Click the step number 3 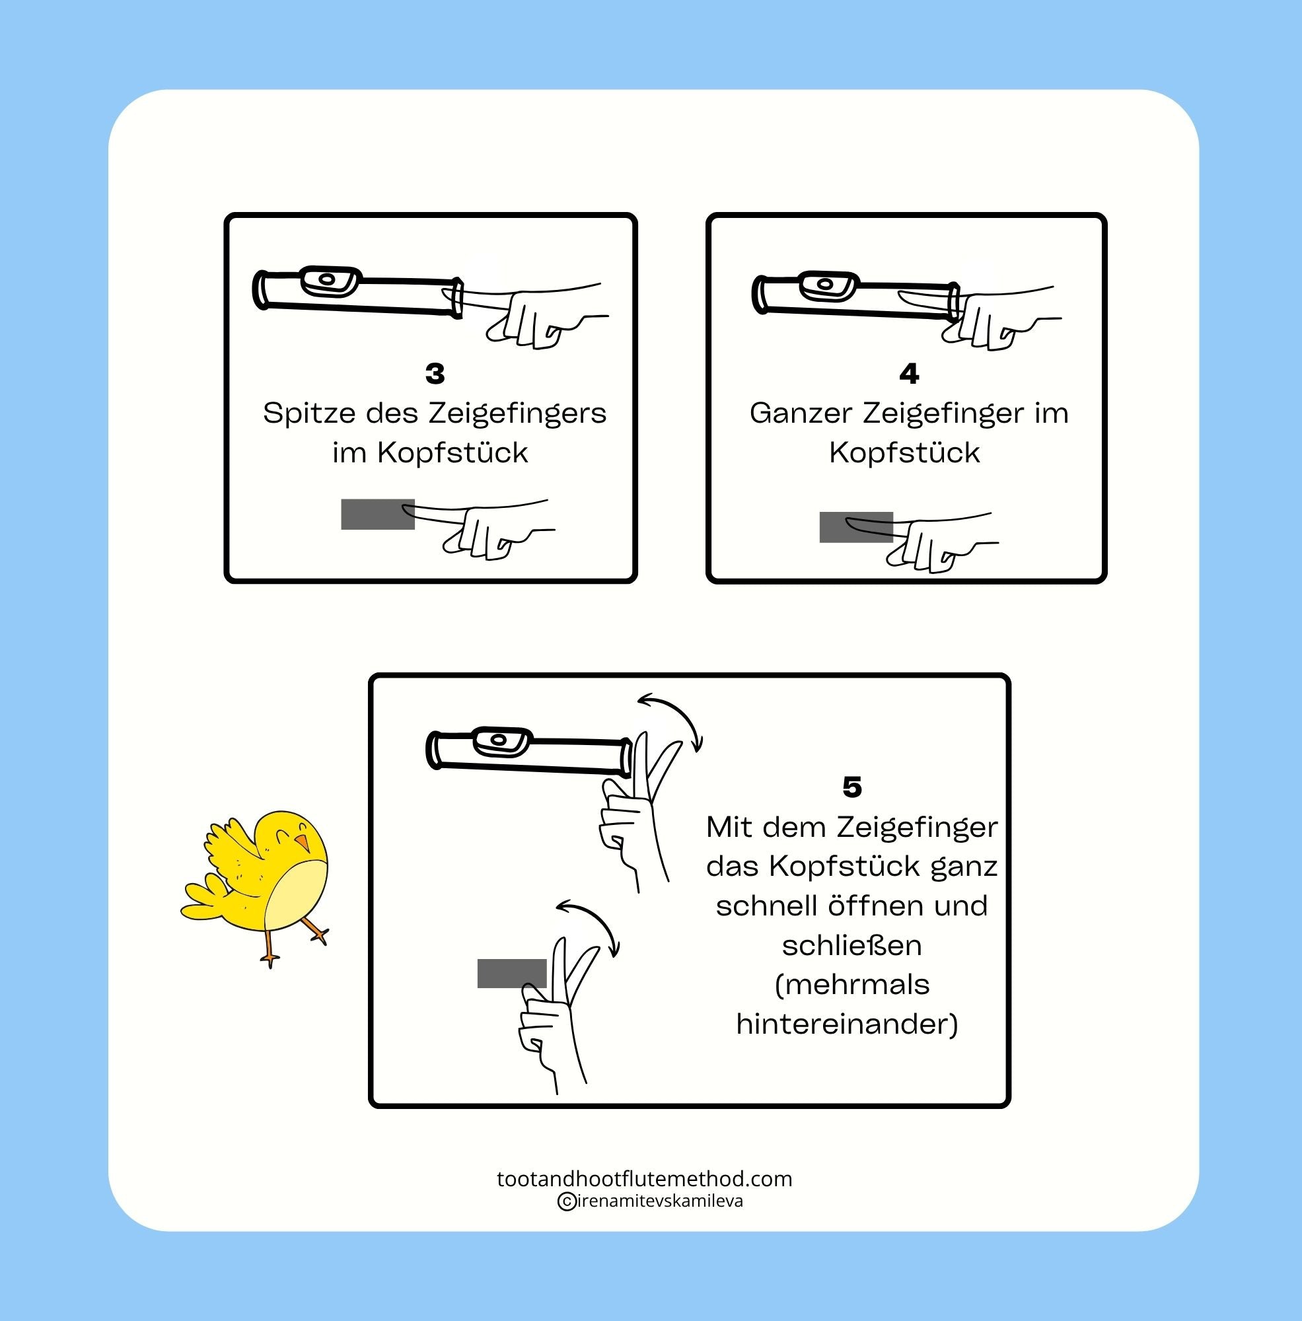435,374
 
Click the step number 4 909,374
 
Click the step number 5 852,788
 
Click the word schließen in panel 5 852,946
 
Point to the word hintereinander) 848,1024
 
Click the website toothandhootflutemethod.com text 644,1179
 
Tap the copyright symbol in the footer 566,1201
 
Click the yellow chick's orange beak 302,841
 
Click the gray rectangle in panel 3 378,514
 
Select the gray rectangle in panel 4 856,527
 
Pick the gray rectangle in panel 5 512,973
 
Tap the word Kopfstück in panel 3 452,452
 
